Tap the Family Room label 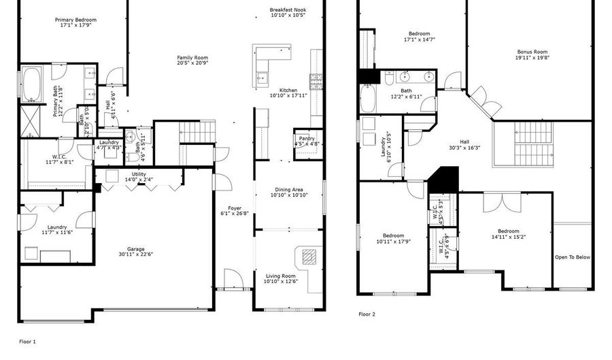[x=192, y=58]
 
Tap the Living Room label [x=280, y=276]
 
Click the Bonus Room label [x=532, y=52]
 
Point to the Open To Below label [x=573, y=257]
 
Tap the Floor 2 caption [x=367, y=314]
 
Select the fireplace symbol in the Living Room [x=309, y=257]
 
